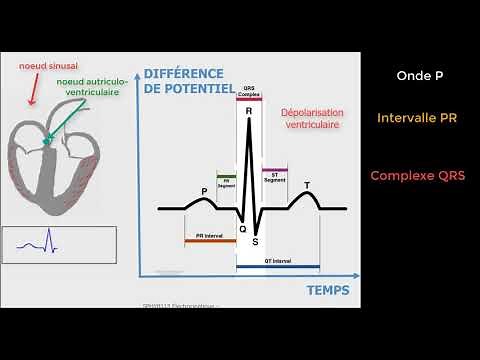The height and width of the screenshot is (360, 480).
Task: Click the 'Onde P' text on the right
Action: pos(413,74)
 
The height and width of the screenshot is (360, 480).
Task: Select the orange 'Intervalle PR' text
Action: pos(417,118)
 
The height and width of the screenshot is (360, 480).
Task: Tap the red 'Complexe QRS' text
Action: pos(417,175)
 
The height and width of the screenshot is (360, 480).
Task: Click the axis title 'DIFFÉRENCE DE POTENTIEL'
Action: pos(190,81)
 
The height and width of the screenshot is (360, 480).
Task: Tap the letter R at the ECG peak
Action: pos(248,112)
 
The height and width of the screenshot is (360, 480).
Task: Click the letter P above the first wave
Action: pos(205,191)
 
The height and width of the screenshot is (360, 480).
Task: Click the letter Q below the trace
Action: pos(241,229)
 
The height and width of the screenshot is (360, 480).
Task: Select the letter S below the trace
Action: pos(256,241)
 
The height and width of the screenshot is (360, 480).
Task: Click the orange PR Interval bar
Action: pos(210,241)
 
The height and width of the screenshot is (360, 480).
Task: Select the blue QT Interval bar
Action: pos(278,267)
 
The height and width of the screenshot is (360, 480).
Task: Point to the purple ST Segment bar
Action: pos(274,171)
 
